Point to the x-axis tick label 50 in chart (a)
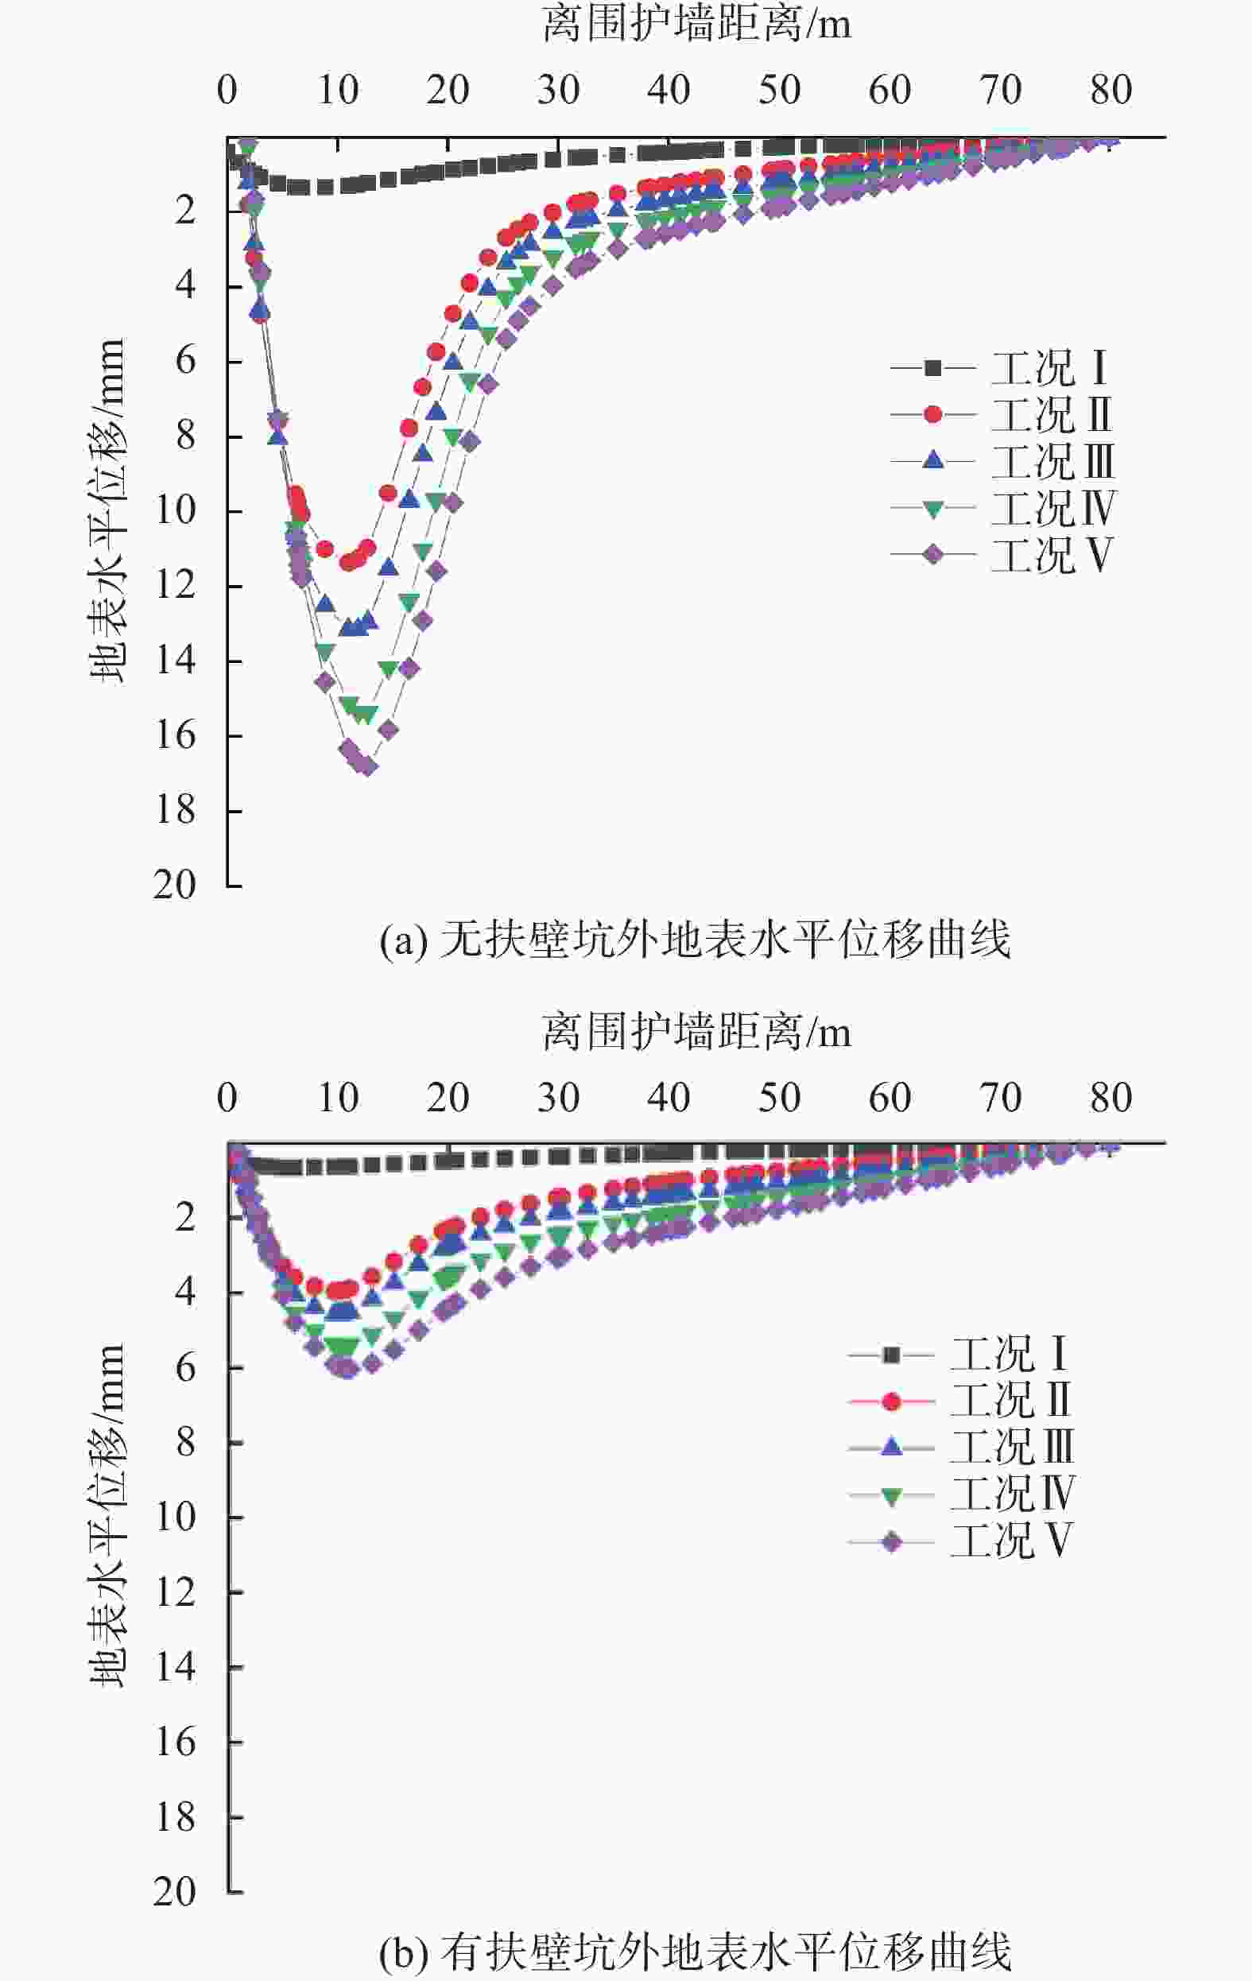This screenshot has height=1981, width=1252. tap(779, 90)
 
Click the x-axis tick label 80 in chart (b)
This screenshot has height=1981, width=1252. tap(1111, 1098)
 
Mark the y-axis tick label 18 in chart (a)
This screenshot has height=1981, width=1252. tap(175, 810)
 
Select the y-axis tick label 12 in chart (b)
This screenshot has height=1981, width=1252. tap(175, 1594)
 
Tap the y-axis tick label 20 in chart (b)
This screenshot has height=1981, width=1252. tap(175, 1892)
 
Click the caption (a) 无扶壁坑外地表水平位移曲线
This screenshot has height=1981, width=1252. tap(695, 940)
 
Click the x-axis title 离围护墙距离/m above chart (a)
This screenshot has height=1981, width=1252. tap(696, 25)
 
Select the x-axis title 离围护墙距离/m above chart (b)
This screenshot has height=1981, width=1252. tap(696, 1032)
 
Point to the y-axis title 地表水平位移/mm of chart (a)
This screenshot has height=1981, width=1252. tap(108, 510)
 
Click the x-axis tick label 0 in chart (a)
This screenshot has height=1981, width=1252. tap(227, 90)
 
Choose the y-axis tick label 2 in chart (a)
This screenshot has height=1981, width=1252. tap(186, 211)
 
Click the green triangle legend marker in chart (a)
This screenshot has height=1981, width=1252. tap(932, 510)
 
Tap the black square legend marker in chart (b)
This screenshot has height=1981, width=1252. tap(892, 1355)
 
